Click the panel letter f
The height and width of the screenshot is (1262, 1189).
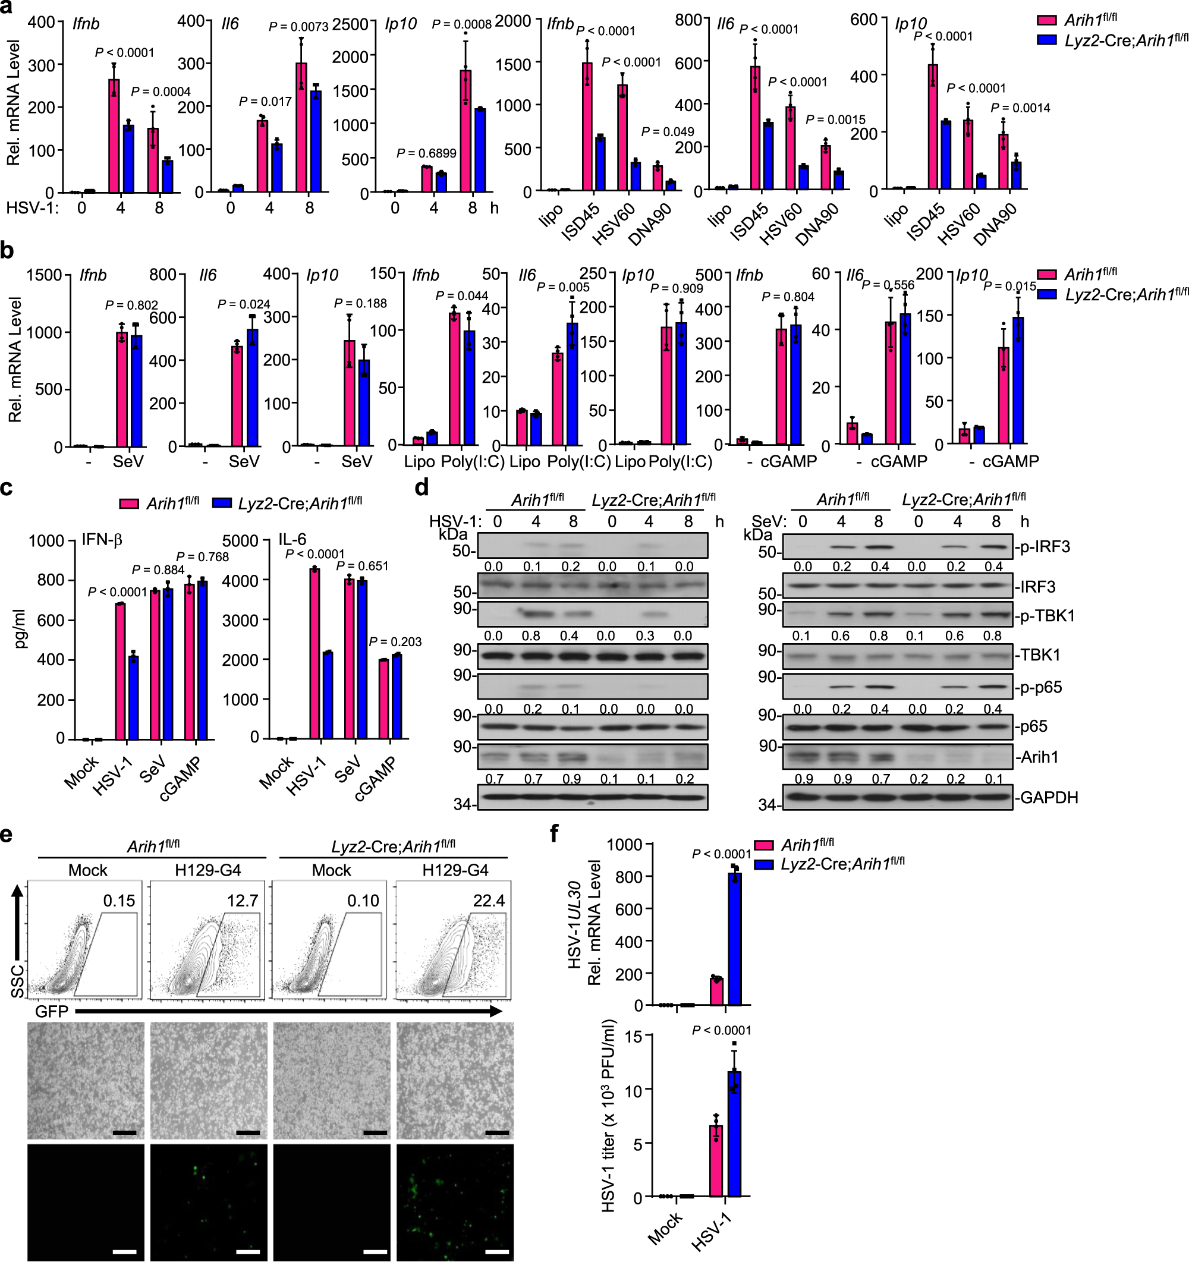point(553,833)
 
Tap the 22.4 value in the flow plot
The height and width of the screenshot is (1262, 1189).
point(488,900)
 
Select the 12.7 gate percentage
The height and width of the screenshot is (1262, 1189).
point(243,900)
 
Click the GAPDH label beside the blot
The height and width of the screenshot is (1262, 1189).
point(1048,797)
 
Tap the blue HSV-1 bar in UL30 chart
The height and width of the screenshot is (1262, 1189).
point(734,940)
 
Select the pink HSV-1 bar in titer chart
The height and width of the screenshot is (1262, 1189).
point(716,1161)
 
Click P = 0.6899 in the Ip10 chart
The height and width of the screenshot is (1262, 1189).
point(426,153)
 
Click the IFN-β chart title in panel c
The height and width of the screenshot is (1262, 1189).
point(102,540)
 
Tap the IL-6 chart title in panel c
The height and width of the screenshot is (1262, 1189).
point(292,540)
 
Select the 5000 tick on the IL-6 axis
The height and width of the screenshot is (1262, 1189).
point(240,541)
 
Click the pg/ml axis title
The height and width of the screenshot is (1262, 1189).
point(20,628)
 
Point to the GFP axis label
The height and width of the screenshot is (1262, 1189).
point(51,1011)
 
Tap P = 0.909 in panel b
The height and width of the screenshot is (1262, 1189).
point(677,289)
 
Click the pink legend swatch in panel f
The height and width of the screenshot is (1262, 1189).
point(764,845)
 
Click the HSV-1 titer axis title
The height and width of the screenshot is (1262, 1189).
point(608,1116)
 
